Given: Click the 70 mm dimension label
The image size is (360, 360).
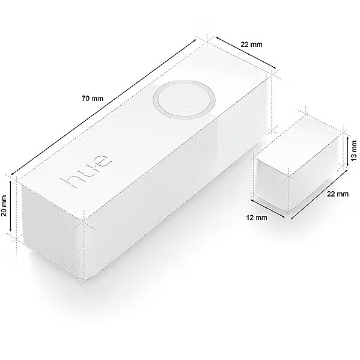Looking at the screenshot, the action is [93, 99].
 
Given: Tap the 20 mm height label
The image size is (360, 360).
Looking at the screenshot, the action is [4, 206].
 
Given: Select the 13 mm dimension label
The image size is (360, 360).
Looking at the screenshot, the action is [354, 151].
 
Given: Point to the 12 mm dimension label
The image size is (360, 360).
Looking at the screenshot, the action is [257, 218].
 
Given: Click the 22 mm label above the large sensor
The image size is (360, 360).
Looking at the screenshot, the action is [251, 44].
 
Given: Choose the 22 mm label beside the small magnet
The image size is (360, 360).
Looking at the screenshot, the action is [338, 194].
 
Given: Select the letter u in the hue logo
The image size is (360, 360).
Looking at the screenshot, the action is [85, 171].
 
